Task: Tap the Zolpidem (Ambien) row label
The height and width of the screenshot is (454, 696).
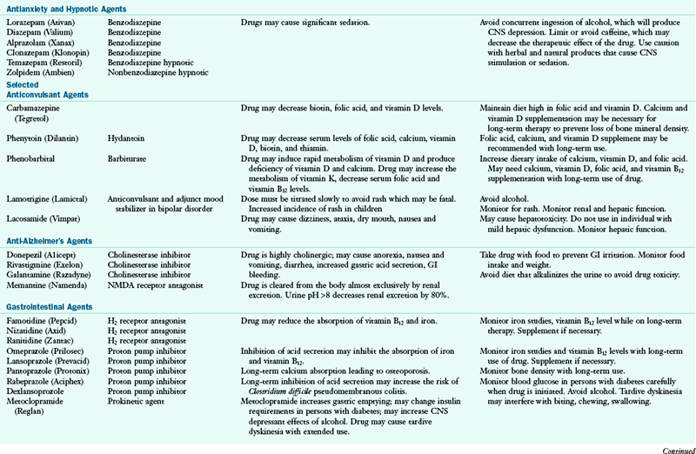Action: (37, 73)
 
